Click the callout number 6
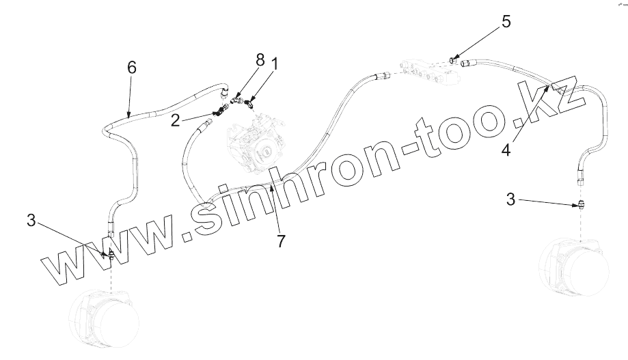132,67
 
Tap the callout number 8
260,60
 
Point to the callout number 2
176,120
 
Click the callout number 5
506,21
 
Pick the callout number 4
506,149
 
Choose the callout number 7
281,240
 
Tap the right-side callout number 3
510,199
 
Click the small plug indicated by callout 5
453,59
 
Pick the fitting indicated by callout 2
217,113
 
